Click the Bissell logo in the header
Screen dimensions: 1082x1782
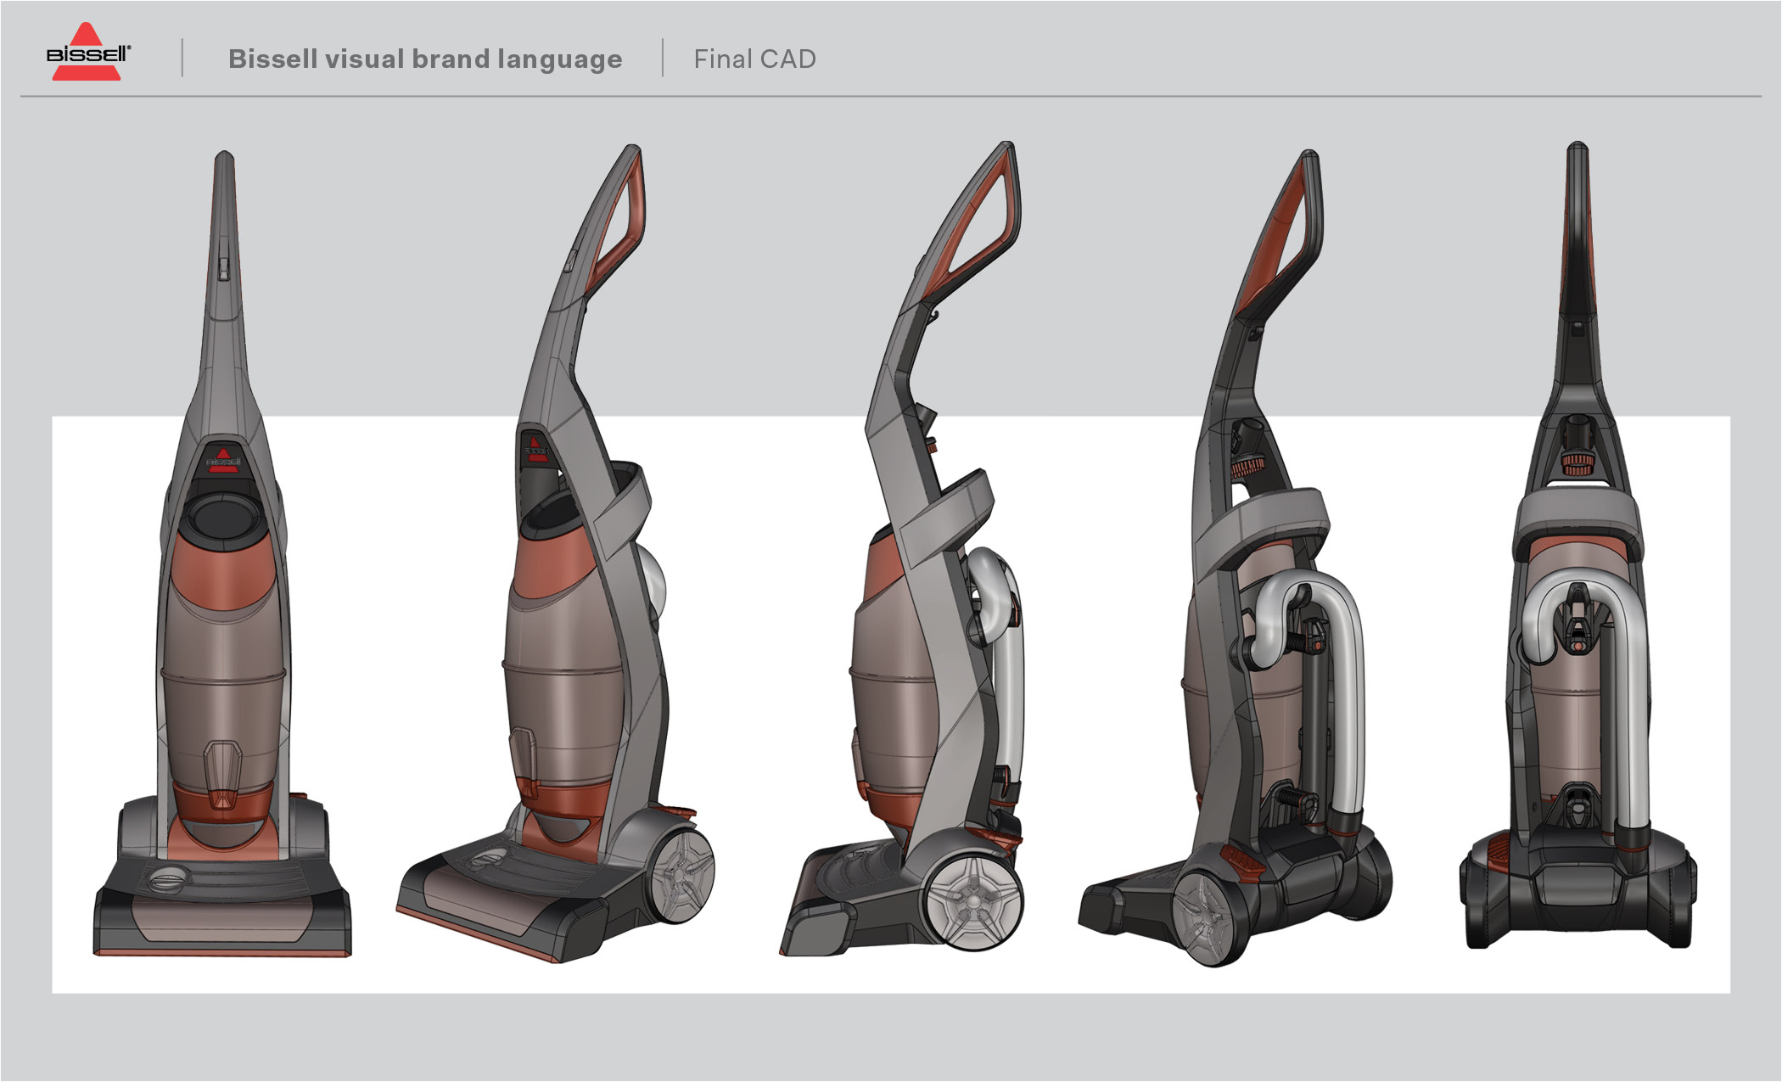[x=87, y=53]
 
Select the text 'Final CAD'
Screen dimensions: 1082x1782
[x=754, y=59]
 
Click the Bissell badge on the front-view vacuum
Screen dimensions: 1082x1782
[x=223, y=460]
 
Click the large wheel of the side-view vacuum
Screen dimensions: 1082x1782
[x=973, y=901]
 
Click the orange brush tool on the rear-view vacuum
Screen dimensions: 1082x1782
[x=1577, y=464]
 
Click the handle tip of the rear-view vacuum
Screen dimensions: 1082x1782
[x=1577, y=153]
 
